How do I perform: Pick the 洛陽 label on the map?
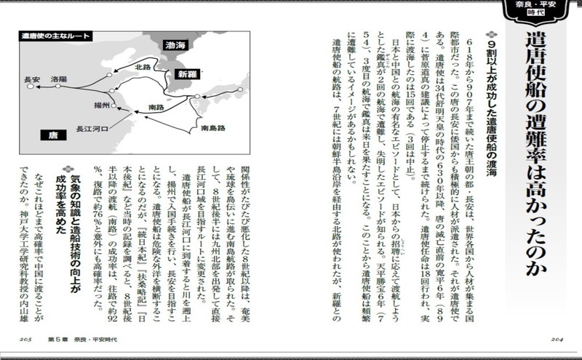59,77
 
